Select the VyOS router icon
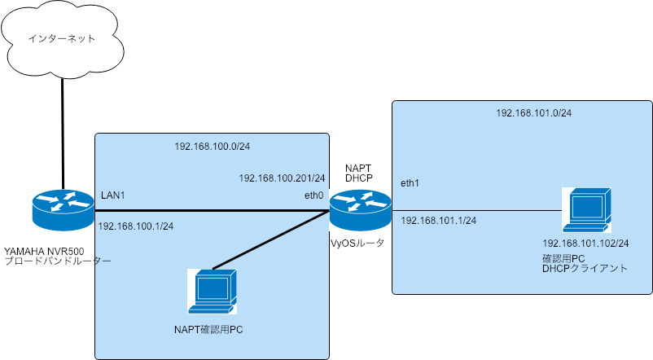point(360,209)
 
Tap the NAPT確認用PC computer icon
point(213,291)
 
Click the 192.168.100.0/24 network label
point(211,147)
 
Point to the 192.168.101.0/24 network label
point(533,112)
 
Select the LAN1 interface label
point(113,195)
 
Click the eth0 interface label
point(313,195)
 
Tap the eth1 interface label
point(411,184)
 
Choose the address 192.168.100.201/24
point(282,178)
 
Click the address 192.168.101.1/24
point(439,220)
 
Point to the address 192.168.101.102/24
point(586,244)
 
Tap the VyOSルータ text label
point(357,243)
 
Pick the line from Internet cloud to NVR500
point(63,130)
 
